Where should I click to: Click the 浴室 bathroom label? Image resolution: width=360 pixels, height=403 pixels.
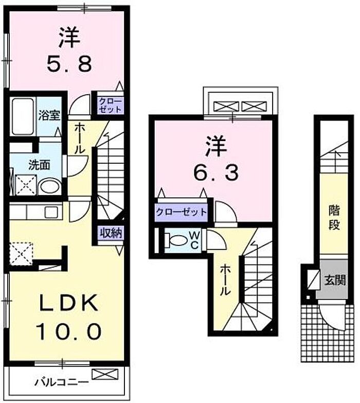[49, 116]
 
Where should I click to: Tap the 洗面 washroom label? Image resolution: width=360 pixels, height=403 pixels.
[39, 165]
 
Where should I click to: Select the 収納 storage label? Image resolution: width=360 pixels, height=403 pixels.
[111, 233]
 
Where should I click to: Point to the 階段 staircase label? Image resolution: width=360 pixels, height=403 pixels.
[334, 217]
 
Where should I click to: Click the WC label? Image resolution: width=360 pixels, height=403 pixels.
[194, 240]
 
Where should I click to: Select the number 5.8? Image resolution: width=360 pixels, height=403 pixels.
[69, 64]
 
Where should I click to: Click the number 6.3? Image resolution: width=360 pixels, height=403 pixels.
[216, 173]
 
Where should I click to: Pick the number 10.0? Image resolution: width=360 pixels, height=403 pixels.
[68, 331]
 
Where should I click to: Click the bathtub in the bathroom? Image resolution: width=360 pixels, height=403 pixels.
[23, 116]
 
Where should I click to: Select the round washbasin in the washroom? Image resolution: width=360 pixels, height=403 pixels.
[49, 187]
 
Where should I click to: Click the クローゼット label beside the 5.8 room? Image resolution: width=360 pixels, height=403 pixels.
[111, 105]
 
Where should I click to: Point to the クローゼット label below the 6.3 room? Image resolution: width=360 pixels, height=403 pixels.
[181, 212]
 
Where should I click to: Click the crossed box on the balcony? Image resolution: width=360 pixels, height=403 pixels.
[105, 374]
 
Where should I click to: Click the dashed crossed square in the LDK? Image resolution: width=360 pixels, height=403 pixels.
[21, 253]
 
